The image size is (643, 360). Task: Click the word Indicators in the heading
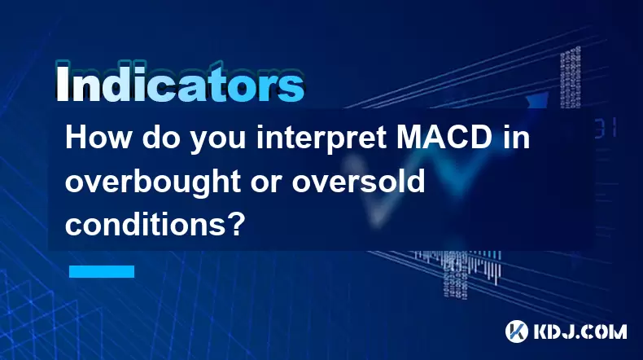[180, 83]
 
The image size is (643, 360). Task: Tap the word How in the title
[97, 138]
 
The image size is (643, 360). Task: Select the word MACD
[444, 138]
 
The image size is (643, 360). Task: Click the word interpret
[321, 139]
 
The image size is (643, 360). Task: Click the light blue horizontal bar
[102, 271]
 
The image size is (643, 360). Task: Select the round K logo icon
[517, 331]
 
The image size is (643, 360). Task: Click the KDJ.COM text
[580, 331]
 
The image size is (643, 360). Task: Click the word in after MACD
[515, 138]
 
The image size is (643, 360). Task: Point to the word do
[159, 138]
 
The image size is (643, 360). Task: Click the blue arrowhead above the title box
[536, 99]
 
